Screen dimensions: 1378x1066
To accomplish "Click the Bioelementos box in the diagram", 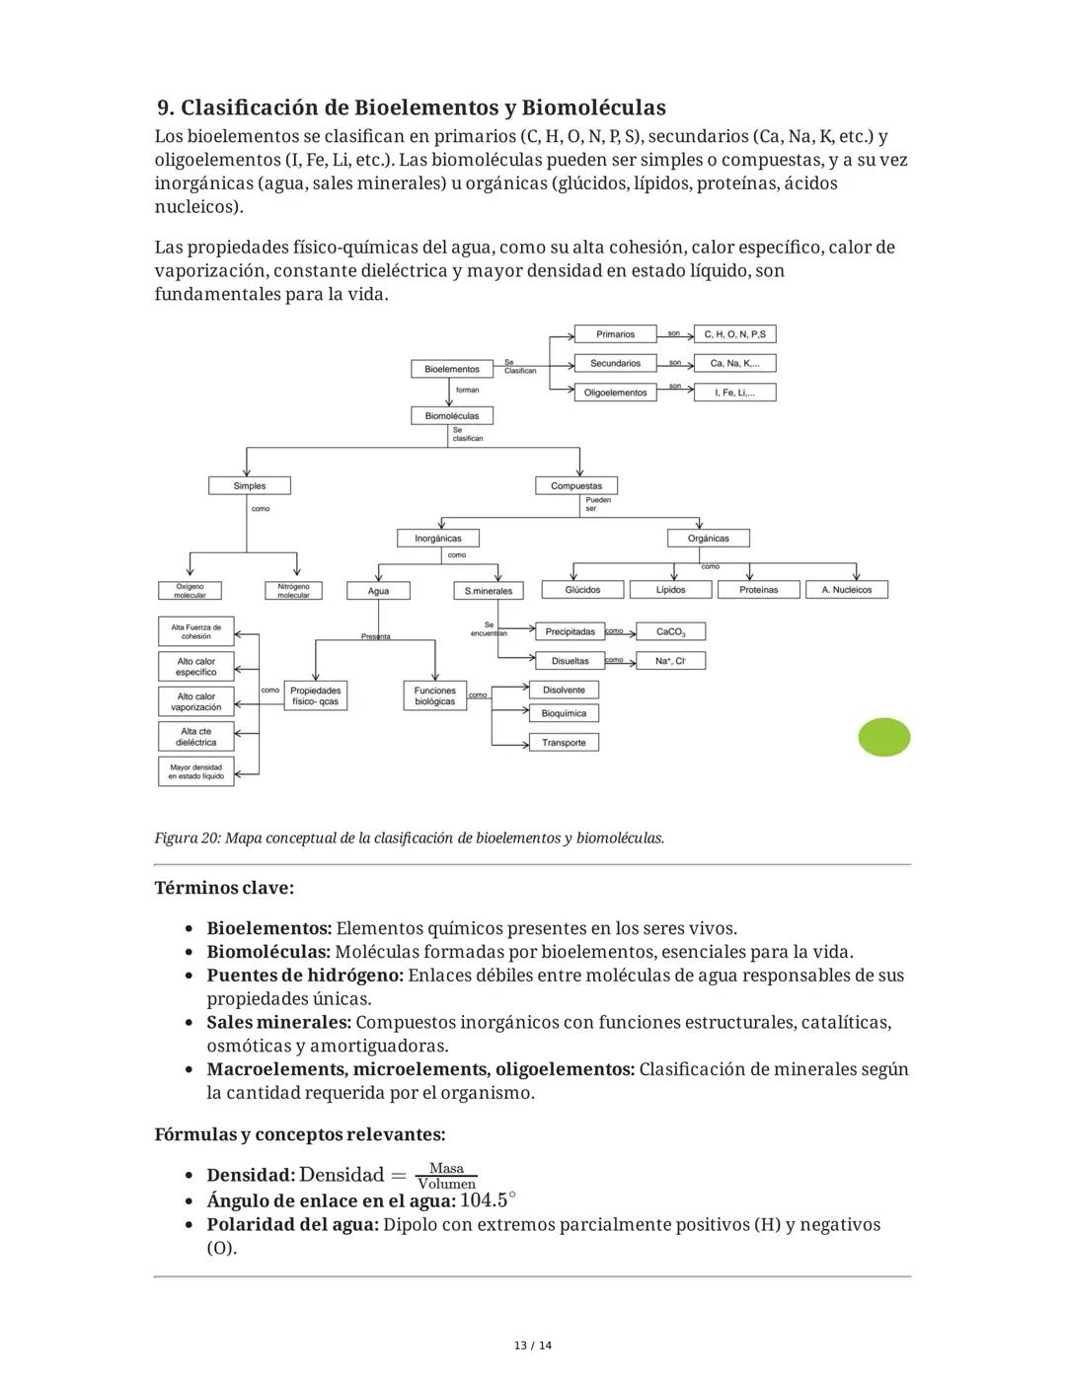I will (x=451, y=369).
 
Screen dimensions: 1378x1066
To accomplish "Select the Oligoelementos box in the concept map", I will (x=615, y=393).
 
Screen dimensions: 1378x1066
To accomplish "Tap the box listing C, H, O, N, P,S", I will (x=734, y=334).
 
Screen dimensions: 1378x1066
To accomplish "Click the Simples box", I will (x=250, y=485).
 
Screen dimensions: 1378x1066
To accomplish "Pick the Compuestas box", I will (x=576, y=485).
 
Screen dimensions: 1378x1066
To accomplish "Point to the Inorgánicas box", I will (x=438, y=539).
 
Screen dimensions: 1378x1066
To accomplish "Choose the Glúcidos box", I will (x=582, y=590).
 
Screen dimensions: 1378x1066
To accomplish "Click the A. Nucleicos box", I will (x=847, y=590).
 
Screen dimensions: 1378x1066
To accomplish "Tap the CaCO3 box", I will (x=670, y=631).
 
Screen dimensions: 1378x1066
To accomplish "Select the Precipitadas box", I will (x=570, y=631).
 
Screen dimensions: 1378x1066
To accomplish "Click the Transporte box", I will (x=564, y=743).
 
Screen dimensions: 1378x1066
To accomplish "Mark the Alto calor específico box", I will (x=196, y=667).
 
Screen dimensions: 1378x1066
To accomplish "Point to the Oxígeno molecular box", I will (x=190, y=591).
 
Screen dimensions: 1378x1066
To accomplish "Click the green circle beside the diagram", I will (x=883, y=738).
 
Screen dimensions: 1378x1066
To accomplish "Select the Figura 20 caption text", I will (x=409, y=838).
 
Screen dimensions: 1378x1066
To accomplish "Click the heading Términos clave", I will (x=224, y=888).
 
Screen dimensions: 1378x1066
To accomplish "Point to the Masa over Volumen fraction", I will (x=446, y=1176).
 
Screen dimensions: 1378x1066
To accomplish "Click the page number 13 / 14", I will (x=533, y=1345).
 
